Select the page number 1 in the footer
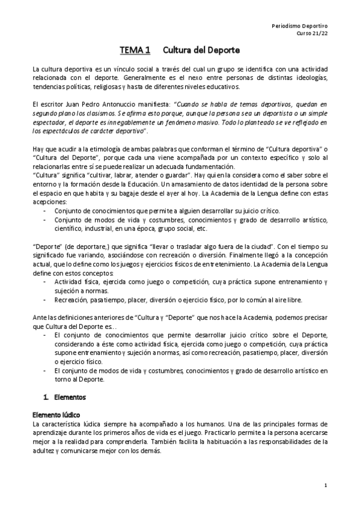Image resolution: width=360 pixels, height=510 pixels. tap(325, 485)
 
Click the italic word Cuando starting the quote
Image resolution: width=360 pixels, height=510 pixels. tap(185, 103)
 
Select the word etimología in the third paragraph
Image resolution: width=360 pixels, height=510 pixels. tap(103, 149)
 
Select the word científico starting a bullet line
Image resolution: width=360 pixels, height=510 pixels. tap(69, 229)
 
